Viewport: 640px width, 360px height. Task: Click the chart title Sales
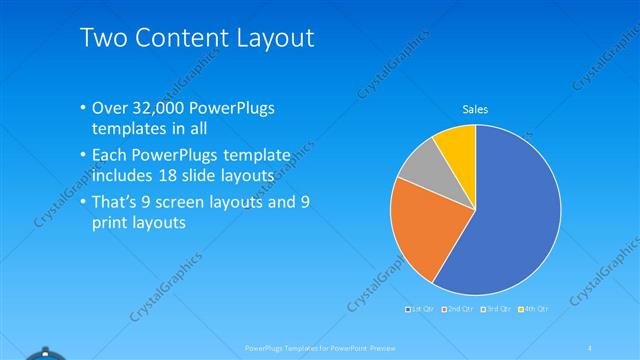(474, 109)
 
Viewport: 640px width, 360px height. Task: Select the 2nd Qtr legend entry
(459, 309)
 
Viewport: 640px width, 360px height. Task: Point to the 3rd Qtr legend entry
(496, 309)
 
